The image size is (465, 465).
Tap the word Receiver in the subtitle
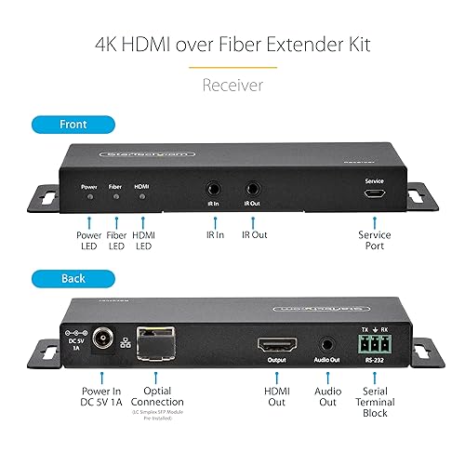tap(232, 85)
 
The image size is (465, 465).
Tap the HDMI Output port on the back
tap(277, 343)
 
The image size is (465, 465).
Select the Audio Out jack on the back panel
tap(325, 344)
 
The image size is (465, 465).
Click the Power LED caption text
tap(88, 242)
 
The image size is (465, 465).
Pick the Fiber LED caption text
tap(116, 242)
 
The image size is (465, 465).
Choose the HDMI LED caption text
tap(144, 242)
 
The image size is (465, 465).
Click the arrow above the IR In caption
tap(216, 221)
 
